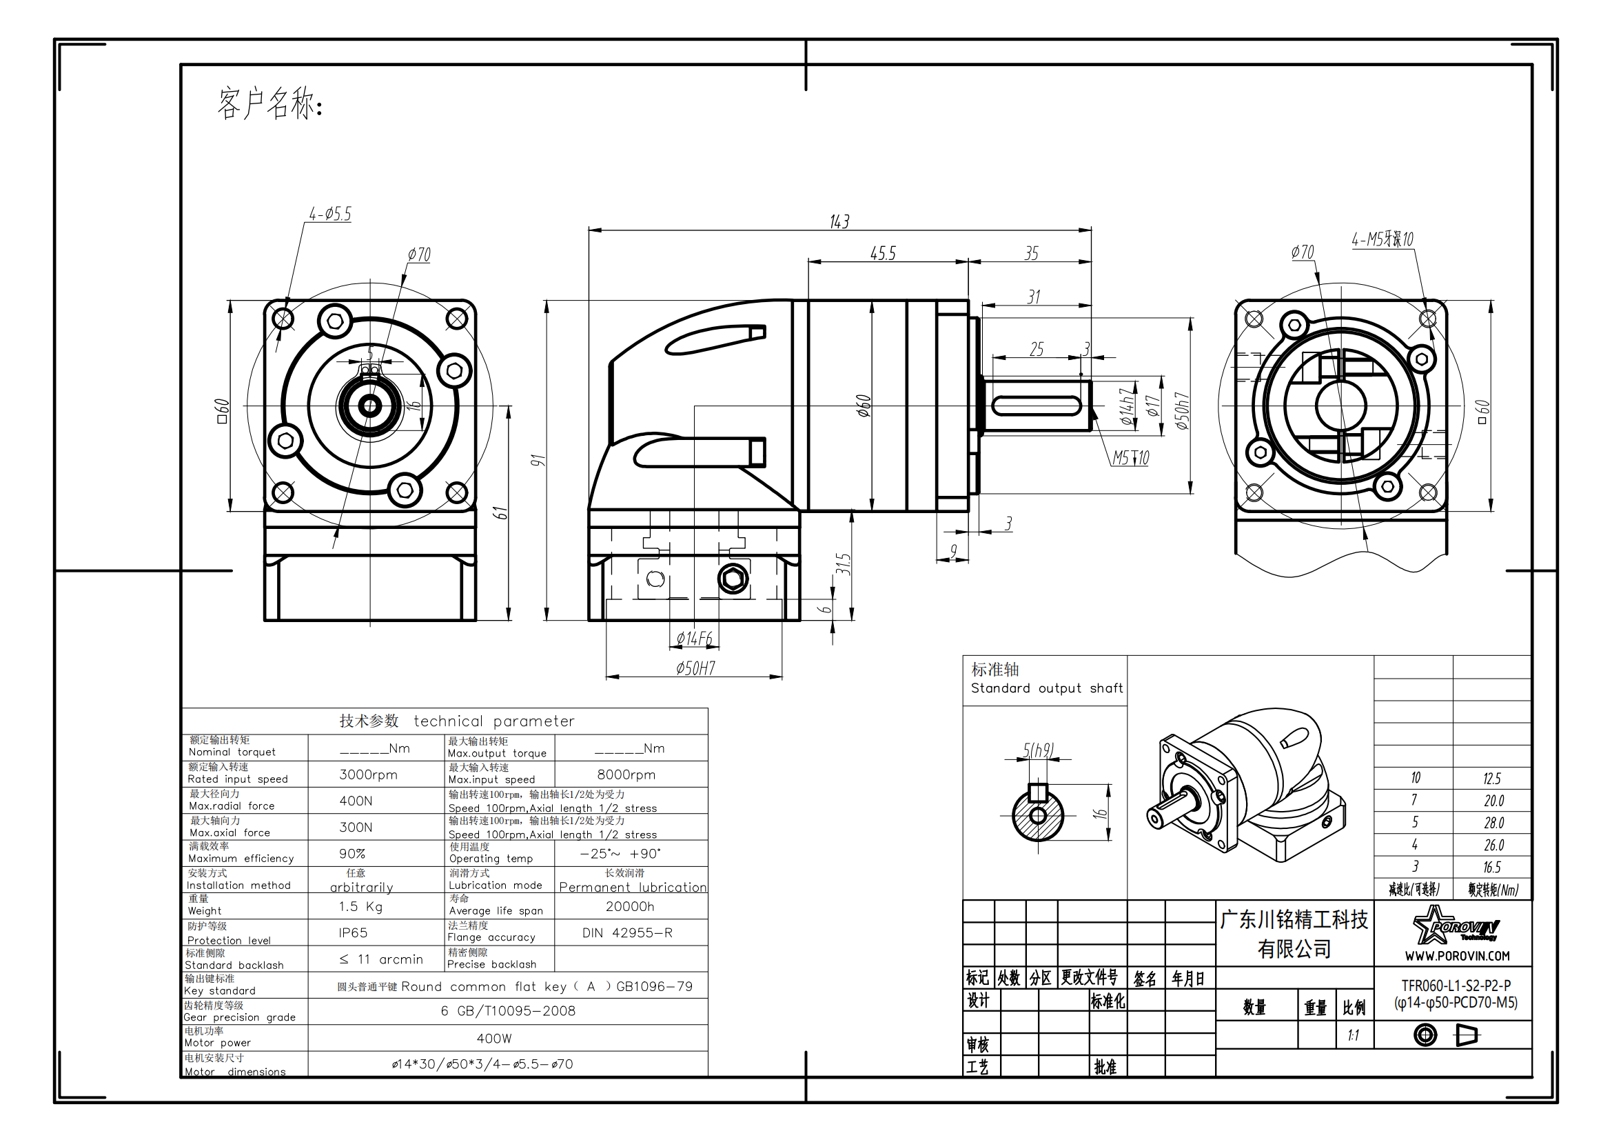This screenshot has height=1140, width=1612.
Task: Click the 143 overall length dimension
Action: (x=839, y=222)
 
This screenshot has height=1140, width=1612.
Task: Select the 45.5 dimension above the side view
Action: (x=884, y=254)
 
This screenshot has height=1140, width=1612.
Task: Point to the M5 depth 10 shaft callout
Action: (x=1130, y=458)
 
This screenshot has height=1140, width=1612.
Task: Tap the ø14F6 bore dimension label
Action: (x=695, y=639)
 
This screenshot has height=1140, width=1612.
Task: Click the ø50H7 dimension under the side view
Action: (x=696, y=668)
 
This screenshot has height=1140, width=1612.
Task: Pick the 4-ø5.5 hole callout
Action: (x=330, y=214)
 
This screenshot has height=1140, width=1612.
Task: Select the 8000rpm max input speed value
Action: (x=626, y=774)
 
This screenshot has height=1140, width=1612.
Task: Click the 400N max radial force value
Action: (x=356, y=801)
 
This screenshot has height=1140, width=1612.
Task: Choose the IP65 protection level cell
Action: (x=352, y=933)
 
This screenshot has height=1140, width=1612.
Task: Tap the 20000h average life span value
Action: (x=630, y=906)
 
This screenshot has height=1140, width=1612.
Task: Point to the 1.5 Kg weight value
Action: (x=361, y=907)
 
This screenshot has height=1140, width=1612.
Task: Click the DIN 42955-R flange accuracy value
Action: (x=627, y=933)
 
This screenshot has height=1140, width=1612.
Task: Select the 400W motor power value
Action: (x=494, y=1038)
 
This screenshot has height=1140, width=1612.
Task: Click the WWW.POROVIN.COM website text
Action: (x=1457, y=956)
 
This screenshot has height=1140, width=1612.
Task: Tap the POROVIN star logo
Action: (x=1456, y=924)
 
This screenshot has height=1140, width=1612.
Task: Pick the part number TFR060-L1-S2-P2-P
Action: (x=1456, y=986)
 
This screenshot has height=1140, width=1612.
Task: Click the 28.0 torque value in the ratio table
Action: (x=1493, y=823)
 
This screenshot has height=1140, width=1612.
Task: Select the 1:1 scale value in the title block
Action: (x=1353, y=1035)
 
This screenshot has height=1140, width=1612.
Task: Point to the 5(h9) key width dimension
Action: (x=1039, y=750)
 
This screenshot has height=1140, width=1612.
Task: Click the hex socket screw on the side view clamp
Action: (x=733, y=579)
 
